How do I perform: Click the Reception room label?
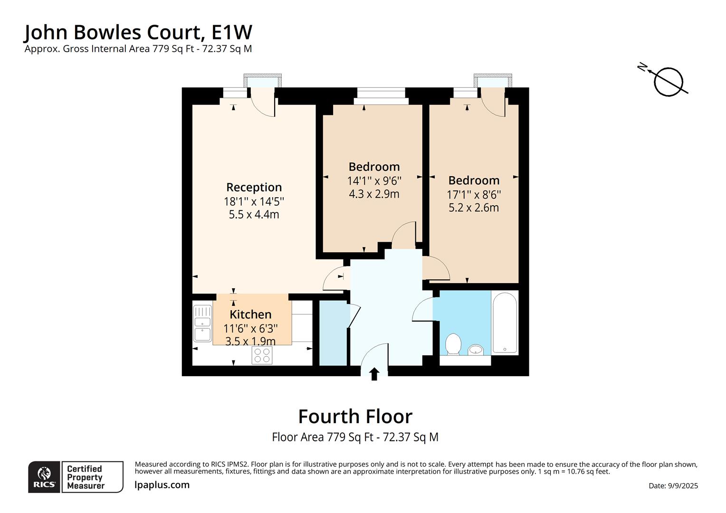254,187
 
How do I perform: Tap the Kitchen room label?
250,314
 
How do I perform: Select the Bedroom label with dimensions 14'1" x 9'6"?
374,167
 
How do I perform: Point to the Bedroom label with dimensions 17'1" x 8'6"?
474,180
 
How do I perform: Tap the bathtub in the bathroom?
505,323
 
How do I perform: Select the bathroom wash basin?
476,350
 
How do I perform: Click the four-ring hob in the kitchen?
262,355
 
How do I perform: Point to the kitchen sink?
202,323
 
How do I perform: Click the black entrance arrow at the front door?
374,374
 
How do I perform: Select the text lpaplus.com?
162,485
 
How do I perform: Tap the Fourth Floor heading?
355,417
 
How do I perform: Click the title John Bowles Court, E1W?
138,32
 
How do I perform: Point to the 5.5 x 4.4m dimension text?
254,215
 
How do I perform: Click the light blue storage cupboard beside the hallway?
333,333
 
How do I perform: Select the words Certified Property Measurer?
86,477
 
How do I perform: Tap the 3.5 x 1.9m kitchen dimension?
250,341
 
